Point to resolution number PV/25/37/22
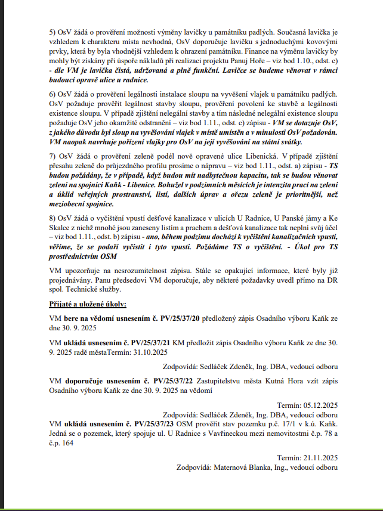point(176,380)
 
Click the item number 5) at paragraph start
point(52,30)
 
